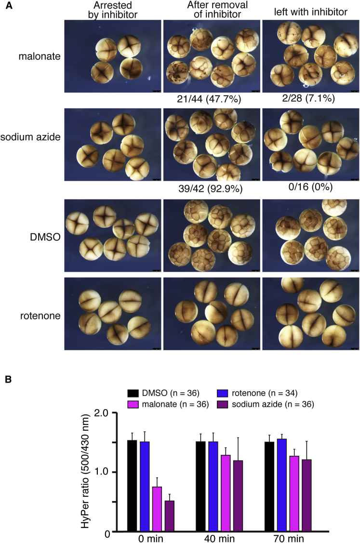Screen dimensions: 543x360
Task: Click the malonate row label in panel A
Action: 40,56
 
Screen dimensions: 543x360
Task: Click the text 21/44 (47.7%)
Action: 210,99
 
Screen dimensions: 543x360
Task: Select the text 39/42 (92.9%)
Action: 210,188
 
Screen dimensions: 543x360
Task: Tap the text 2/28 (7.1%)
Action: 310,98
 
